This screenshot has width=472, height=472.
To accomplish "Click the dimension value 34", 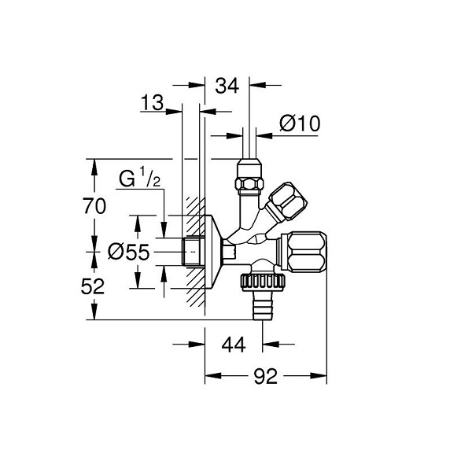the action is [x=227, y=86].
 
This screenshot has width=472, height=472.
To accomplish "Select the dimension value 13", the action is [x=152, y=102].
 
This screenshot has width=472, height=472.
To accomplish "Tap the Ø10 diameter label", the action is [x=300, y=124].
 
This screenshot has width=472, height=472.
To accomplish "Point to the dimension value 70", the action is [x=94, y=206].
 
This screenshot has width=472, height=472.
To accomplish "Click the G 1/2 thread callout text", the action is [x=140, y=179].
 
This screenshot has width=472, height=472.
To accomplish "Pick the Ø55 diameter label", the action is [x=128, y=252].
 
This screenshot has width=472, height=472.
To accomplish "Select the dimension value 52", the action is [x=93, y=286].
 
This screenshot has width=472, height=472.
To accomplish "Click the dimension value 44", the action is [x=234, y=345].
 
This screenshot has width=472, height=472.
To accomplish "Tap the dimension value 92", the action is [x=266, y=376].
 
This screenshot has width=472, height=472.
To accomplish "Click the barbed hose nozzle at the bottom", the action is [x=263, y=305].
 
